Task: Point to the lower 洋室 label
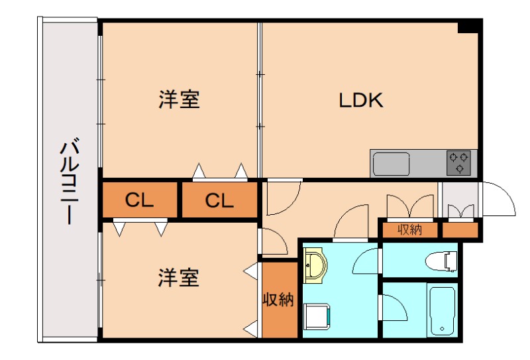tap(179, 278)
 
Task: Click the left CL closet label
tap(140, 200)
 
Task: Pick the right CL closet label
tap(219, 200)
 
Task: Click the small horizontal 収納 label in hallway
tap(410, 230)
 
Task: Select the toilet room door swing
tap(367, 261)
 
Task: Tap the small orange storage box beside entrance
tap(460, 230)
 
